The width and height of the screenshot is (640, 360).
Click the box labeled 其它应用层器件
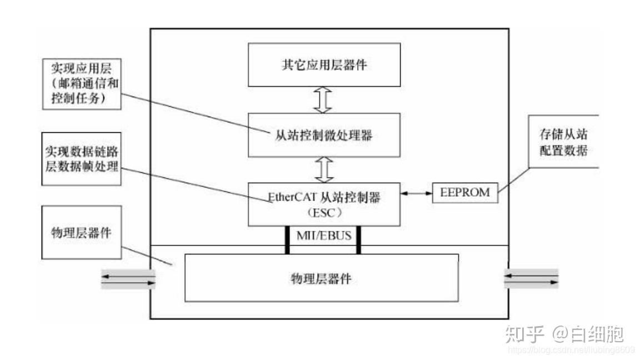coord(324,64)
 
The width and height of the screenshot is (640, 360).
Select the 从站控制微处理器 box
coord(324,134)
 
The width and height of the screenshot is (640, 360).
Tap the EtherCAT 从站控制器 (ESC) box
coord(324,204)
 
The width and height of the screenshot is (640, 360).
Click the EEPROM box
coord(464,193)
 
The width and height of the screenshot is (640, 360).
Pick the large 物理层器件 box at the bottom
coord(321,278)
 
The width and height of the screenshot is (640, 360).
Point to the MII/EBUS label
coord(323,236)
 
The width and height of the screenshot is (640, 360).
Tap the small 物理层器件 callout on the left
coord(82,233)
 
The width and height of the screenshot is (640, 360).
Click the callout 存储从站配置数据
coord(563,142)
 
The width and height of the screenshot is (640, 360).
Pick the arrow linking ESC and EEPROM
coord(416,193)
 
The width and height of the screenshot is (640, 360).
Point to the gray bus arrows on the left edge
coord(127,278)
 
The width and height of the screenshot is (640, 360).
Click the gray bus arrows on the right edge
coord(531,278)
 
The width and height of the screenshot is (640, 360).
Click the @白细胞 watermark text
coord(588,334)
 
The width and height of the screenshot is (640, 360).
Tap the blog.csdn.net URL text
coord(571,350)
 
